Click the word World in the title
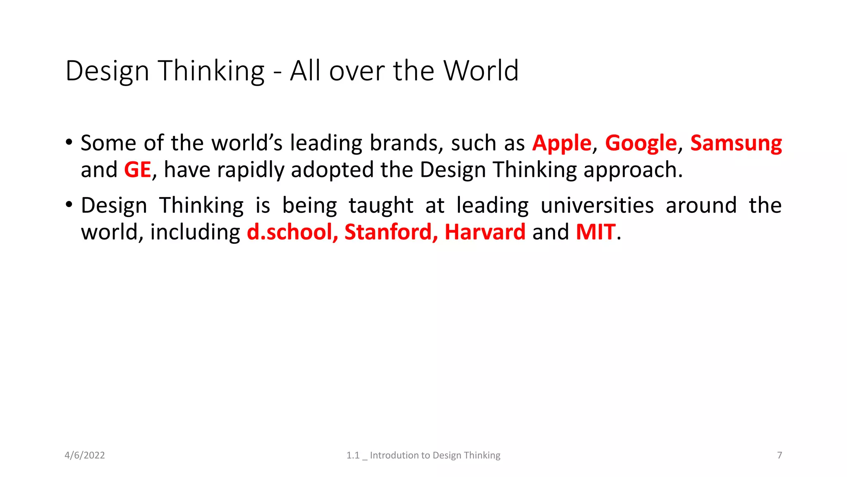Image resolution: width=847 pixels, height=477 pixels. pos(481,71)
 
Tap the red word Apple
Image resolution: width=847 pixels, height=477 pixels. pos(562,144)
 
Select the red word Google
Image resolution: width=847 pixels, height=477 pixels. pos(641,144)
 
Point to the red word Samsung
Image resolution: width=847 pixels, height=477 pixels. pos(736,144)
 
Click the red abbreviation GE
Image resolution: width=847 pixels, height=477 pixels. pos(137,170)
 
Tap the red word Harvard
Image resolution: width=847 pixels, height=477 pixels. pos(485,232)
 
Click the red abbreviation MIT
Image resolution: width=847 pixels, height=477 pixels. pos(595,232)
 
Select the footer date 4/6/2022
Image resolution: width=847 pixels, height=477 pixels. pos(85,455)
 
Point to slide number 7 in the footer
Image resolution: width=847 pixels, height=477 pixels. pos(780,455)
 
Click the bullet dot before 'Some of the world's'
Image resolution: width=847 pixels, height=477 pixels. pos(69,142)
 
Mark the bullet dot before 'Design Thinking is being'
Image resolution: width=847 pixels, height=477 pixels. pos(69,205)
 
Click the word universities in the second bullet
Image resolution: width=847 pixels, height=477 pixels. pos(597,205)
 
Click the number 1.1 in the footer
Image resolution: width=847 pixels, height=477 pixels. pos(353,455)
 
